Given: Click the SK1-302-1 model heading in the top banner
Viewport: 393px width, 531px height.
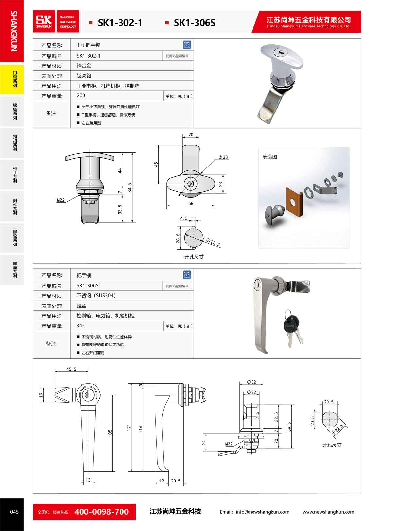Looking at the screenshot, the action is click(x=120, y=23).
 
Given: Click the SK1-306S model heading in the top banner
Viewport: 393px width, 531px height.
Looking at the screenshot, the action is click(x=195, y=23).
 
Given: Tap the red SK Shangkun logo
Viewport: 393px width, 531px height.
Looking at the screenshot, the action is click(x=44, y=22).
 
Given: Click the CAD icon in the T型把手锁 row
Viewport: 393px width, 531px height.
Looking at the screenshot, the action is click(x=187, y=45).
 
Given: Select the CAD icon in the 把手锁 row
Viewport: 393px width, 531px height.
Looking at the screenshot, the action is click(x=187, y=275).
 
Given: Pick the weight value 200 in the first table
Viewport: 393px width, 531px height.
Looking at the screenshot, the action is click(x=81, y=95).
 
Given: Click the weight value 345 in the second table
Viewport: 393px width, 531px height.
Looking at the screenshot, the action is click(x=81, y=325).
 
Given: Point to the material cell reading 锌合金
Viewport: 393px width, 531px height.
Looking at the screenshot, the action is click(x=84, y=65).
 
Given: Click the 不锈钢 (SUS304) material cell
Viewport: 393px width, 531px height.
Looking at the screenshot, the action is click(x=96, y=295).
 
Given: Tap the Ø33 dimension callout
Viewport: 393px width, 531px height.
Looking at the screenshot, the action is click(x=223, y=157).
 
